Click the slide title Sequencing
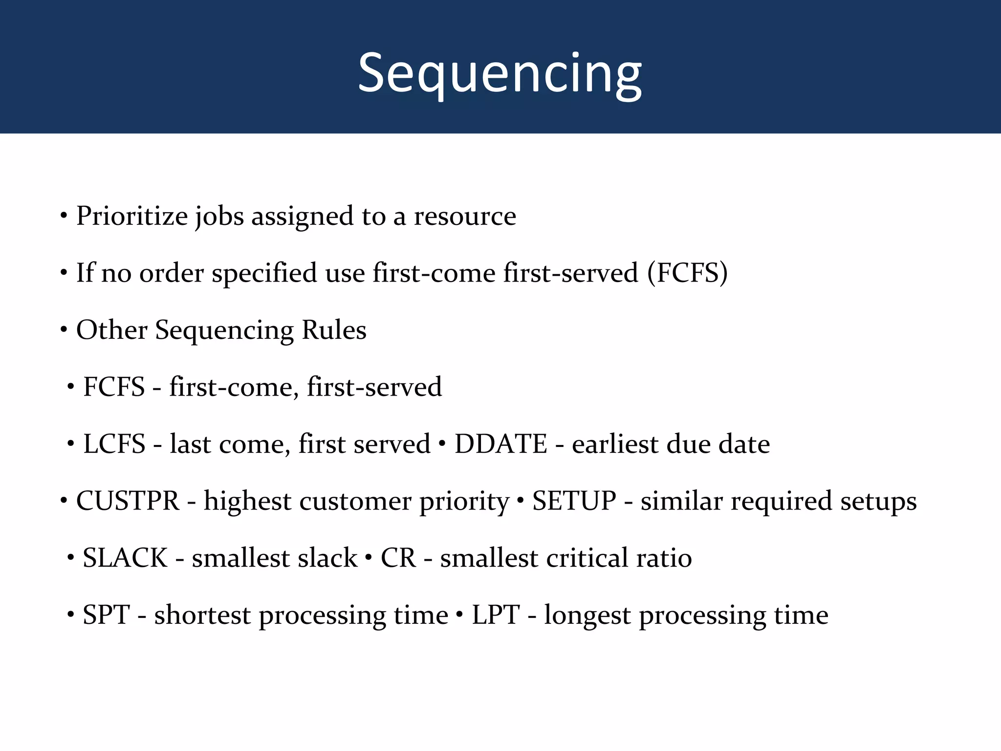pyautogui.click(x=500, y=73)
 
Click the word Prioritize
pyautogui.click(x=131, y=216)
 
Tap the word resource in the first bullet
pyautogui.click(x=465, y=216)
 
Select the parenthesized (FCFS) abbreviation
pyautogui.click(x=687, y=273)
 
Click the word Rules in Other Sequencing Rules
pyautogui.click(x=334, y=330)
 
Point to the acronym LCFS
pyautogui.click(x=114, y=444)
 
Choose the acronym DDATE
pyautogui.click(x=500, y=444)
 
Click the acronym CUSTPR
pyautogui.click(x=128, y=501)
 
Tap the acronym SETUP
pyautogui.click(x=574, y=501)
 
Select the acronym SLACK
pyautogui.click(x=125, y=558)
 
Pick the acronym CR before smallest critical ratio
pyautogui.click(x=398, y=558)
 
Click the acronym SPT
pyautogui.click(x=106, y=615)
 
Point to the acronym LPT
pyautogui.click(x=495, y=615)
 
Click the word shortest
pyautogui.click(x=202, y=615)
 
